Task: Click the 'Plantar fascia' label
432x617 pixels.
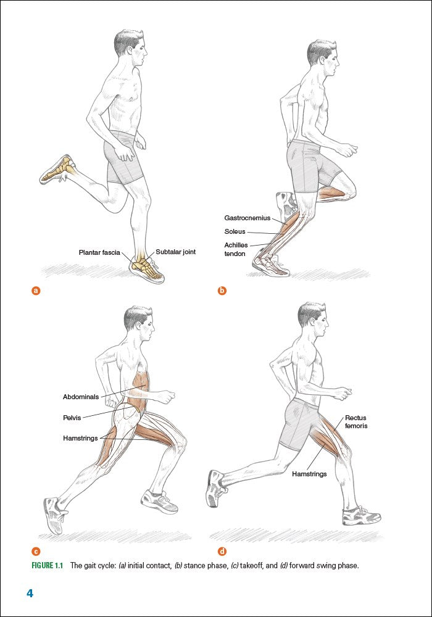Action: point(99,252)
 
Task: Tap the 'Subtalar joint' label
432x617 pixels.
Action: point(175,252)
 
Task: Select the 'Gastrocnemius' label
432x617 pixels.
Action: point(247,218)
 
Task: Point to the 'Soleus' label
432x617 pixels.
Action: point(235,231)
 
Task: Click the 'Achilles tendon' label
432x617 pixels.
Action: point(236,249)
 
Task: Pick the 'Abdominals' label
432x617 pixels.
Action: point(81,397)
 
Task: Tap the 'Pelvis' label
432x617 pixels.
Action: point(72,418)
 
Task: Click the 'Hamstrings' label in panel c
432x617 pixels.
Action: point(80,438)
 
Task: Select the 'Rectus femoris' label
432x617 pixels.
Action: point(356,421)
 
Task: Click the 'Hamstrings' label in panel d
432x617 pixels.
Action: point(309,474)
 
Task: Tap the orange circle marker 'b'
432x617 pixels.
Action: point(222,291)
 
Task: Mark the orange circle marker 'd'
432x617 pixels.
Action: point(222,551)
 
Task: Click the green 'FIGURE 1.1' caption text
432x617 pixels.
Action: point(47,566)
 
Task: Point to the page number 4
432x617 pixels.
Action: point(30,594)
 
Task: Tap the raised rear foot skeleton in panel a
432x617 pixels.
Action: point(59,168)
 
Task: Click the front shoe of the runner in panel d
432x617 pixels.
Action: point(361,515)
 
